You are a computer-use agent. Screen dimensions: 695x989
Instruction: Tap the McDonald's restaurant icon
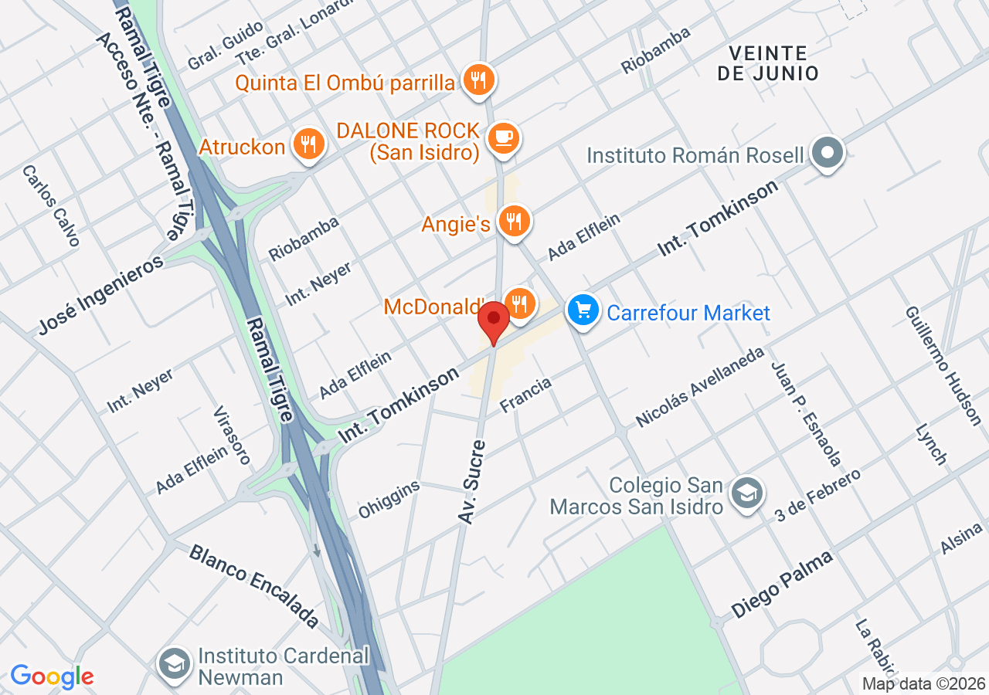[520, 303]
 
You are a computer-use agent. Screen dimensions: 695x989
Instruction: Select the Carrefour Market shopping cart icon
[583, 310]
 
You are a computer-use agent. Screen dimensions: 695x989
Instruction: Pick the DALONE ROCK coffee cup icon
[505, 138]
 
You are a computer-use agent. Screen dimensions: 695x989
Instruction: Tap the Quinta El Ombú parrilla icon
[479, 79]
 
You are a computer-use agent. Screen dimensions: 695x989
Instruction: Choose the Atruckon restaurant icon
[308, 144]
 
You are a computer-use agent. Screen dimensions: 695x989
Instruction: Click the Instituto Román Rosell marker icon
[828, 154]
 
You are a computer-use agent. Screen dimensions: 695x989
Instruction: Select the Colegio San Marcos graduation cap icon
[746, 493]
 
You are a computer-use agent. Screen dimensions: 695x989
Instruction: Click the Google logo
[52, 677]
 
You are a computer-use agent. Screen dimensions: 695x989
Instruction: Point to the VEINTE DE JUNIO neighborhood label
[767, 63]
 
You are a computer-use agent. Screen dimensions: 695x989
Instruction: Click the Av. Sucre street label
[473, 482]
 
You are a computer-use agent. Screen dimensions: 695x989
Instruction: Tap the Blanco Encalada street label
[253, 585]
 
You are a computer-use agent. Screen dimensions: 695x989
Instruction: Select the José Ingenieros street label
[101, 295]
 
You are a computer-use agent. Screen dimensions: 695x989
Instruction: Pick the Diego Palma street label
[783, 583]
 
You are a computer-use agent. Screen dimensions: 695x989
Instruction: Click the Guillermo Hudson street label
[943, 364]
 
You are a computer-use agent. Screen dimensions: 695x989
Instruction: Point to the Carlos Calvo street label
[52, 205]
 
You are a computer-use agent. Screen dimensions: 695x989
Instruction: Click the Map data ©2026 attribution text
[924, 683]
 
